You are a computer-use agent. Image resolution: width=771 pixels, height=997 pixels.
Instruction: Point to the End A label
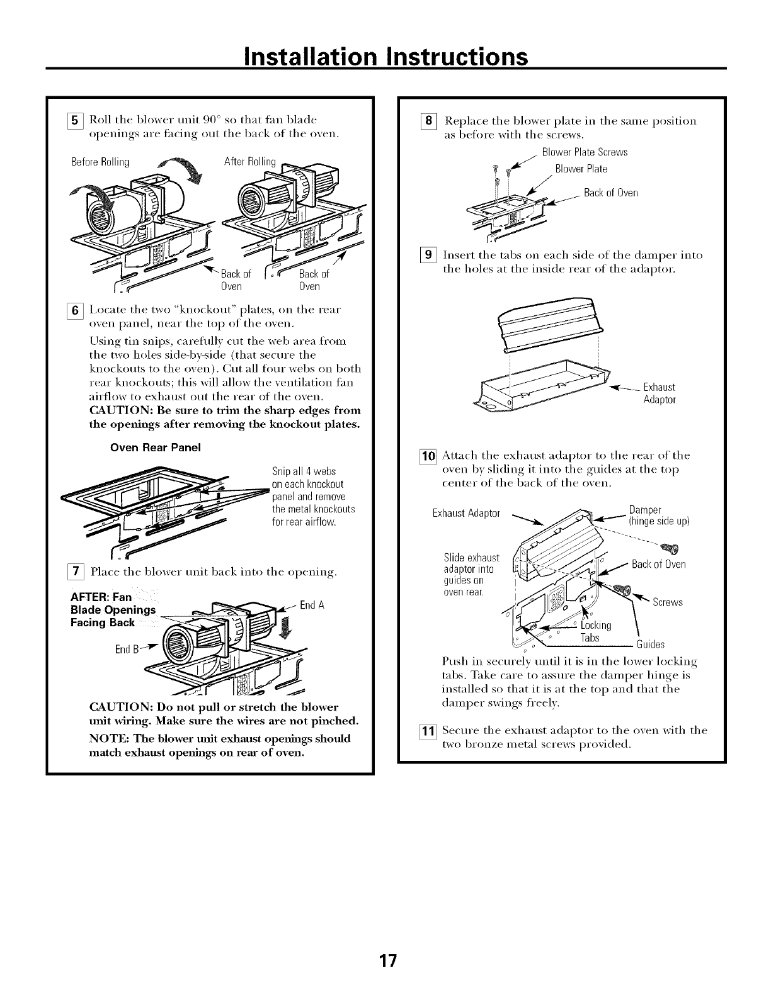tap(312, 606)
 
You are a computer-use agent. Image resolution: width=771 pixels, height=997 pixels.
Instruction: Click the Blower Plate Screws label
tap(585, 153)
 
